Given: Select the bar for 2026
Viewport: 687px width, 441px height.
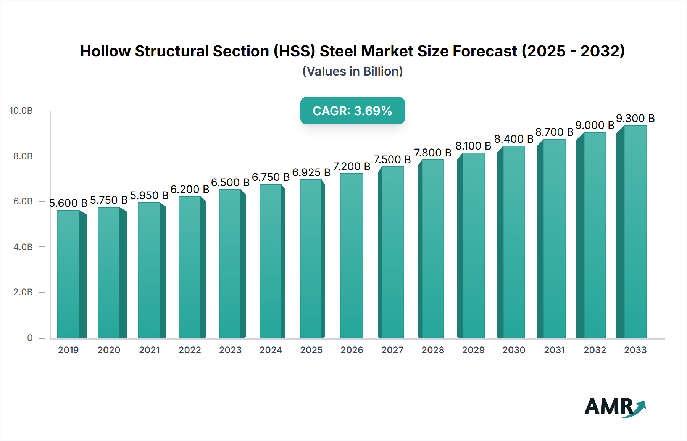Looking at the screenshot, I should point(352,256).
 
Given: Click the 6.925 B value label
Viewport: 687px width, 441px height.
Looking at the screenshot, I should point(311,173).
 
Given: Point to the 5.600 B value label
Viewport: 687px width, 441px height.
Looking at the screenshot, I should point(68,203).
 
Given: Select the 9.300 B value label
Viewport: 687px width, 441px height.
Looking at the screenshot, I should point(635,119).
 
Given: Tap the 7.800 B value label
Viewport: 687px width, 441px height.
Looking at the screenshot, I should point(432,153).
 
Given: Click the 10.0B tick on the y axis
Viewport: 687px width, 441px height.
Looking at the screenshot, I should point(21,111).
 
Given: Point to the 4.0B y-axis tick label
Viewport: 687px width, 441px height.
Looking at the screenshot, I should point(23,247).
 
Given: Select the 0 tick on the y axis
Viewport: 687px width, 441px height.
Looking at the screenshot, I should point(30,338).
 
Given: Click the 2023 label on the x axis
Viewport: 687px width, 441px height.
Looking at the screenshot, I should point(230,350).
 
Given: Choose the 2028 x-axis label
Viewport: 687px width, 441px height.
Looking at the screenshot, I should point(432,350).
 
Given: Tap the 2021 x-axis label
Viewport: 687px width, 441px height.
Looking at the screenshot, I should point(149,350).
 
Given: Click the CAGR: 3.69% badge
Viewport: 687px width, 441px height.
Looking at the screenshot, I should point(352,111).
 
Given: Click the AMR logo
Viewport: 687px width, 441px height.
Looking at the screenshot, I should point(614,407).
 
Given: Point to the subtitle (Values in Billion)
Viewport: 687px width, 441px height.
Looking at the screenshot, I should point(352,71).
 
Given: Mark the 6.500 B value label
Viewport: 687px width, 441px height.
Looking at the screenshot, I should point(230,183).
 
